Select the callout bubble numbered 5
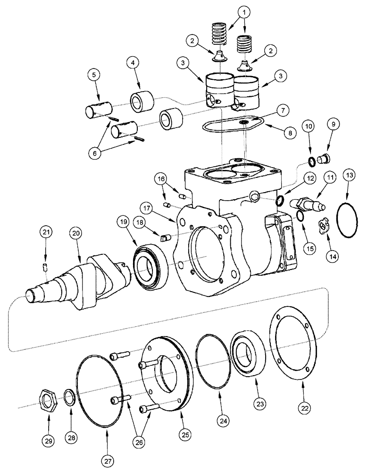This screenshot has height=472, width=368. click(93, 75)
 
